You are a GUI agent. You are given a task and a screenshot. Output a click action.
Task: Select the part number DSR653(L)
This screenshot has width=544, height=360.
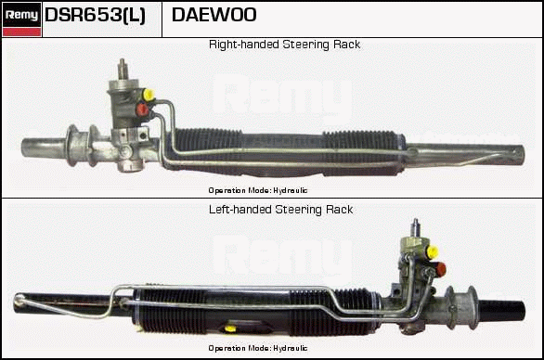(x=95, y=15)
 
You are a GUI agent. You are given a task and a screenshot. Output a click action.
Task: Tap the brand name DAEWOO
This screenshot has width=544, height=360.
(x=214, y=15)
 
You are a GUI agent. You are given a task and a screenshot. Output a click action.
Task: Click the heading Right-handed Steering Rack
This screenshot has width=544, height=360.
(x=284, y=45)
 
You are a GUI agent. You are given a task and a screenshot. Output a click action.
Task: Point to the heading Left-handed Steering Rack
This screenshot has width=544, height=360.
(x=280, y=210)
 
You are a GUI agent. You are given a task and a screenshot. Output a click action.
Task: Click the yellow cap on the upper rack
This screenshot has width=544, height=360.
(x=149, y=95)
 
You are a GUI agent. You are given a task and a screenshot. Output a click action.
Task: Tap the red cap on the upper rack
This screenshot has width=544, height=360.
(x=142, y=109)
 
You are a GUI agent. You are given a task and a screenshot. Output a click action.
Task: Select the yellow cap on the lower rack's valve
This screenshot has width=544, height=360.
(x=433, y=251)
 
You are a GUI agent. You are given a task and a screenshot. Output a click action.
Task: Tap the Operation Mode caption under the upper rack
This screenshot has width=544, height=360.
(x=258, y=190)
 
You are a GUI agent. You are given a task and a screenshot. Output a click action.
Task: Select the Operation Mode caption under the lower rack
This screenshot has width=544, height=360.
(x=258, y=348)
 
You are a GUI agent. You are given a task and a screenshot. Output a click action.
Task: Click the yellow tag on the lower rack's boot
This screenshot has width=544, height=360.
(x=229, y=328)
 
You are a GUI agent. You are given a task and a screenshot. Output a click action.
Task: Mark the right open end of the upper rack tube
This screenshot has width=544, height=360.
(x=519, y=155)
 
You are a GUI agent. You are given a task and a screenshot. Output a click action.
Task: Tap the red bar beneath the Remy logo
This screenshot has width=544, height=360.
(x=21, y=32)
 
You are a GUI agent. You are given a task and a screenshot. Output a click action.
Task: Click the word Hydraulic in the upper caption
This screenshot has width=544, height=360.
(x=290, y=190)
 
